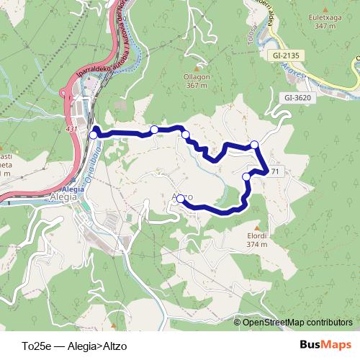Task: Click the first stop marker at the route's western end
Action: click(93, 135)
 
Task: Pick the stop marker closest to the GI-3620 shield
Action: click(254, 145)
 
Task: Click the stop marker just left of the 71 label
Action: click(247, 176)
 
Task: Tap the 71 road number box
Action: click(274, 171)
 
